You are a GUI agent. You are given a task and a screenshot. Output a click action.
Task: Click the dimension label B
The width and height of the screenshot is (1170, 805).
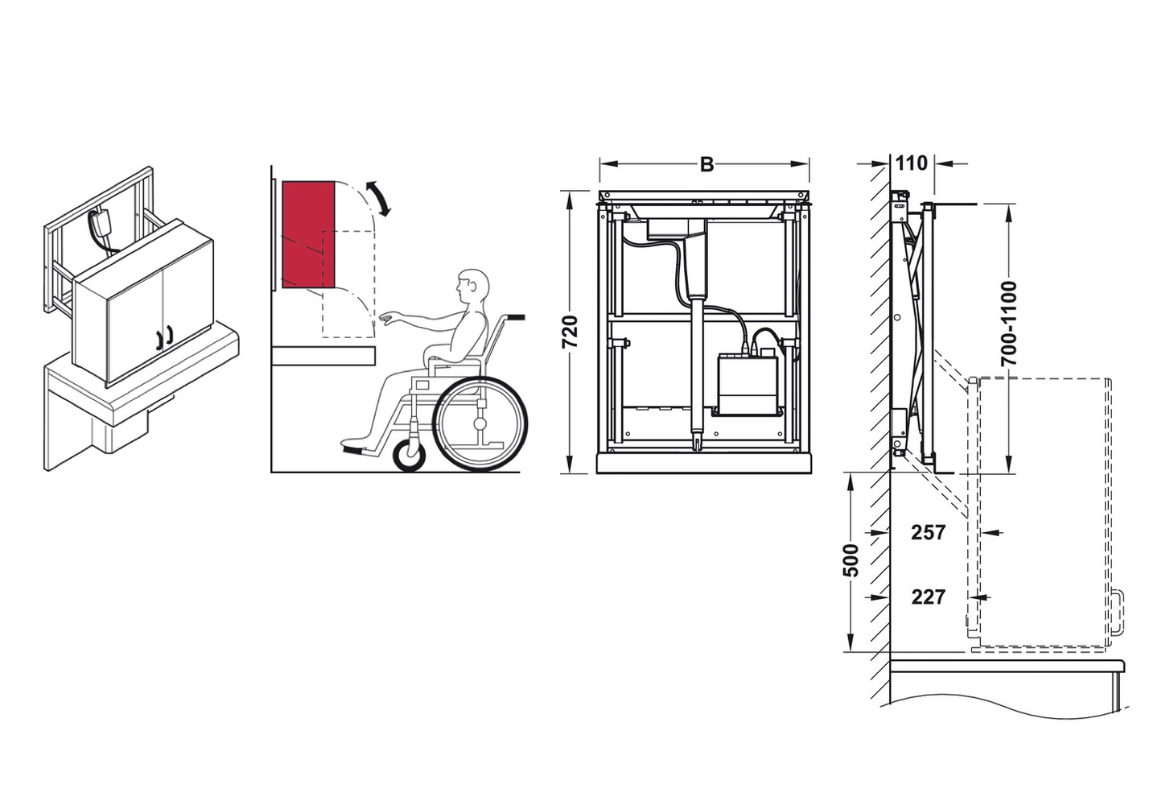[x=707, y=164]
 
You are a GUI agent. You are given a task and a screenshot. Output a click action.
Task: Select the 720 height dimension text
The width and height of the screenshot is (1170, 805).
[x=570, y=332]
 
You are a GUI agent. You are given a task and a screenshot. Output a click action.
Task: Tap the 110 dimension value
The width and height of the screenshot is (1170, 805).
[x=912, y=163]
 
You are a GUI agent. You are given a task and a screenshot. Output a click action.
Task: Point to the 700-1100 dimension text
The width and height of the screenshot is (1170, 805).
[x=1009, y=323]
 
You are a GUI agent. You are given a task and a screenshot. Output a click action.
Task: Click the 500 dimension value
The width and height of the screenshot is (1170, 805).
[x=851, y=560]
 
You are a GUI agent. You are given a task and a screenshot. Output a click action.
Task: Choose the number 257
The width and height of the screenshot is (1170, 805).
[x=929, y=532]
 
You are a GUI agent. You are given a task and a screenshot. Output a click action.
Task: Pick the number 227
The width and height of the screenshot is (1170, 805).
[x=929, y=597]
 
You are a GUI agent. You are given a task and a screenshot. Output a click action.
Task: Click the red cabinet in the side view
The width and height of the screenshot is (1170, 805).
[x=308, y=235]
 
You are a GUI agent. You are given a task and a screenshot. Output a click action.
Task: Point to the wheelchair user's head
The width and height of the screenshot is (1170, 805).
[x=472, y=288]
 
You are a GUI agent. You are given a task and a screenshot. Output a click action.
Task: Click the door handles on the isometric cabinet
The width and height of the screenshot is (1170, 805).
[x=163, y=339]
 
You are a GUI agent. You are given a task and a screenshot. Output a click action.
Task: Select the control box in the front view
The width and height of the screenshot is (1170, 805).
[x=748, y=382]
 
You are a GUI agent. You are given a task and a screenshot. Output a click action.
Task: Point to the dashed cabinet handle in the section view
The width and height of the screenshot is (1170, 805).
[x=1116, y=613]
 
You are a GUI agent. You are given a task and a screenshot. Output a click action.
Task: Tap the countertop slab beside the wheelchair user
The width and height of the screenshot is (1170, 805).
[x=323, y=355]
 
